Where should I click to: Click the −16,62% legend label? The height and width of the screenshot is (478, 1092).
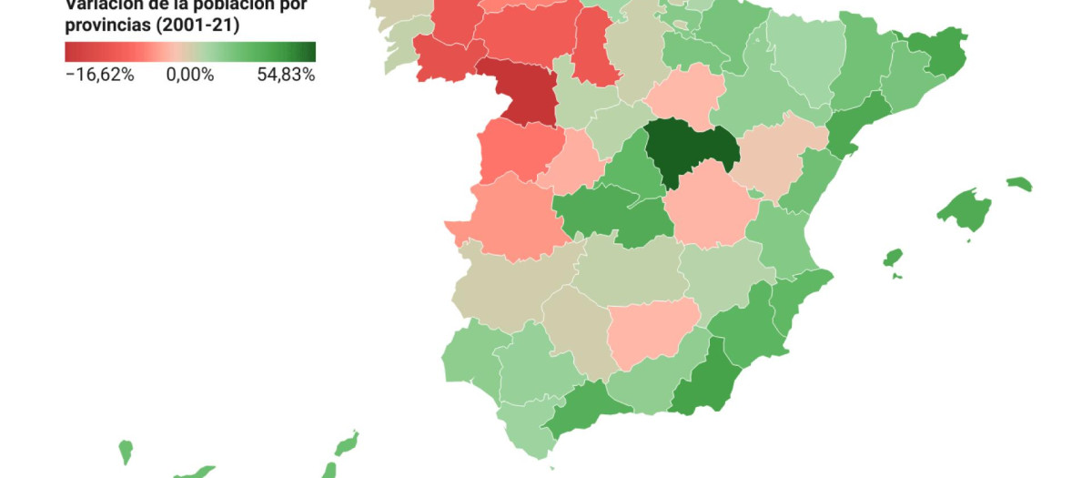click(x=99, y=75)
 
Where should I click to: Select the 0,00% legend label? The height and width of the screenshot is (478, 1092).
click(x=189, y=75)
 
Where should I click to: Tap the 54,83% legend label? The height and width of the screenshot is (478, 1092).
click(x=286, y=75)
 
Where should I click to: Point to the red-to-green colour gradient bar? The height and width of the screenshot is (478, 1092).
click(x=189, y=52)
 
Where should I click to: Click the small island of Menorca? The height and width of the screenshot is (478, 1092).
click(x=1020, y=184)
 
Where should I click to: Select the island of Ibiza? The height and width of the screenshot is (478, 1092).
click(x=893, y=258)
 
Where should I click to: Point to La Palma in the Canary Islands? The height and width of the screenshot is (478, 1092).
click(x=126, y=451)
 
